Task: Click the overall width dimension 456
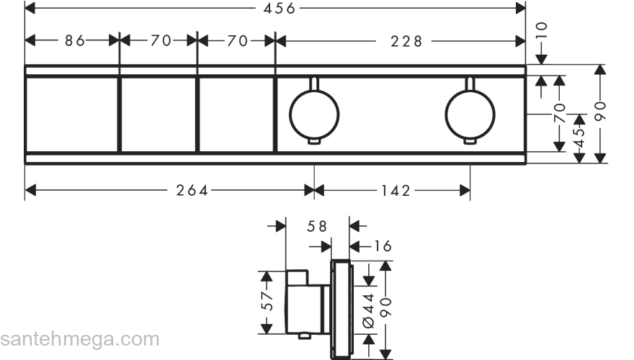coord(280,8)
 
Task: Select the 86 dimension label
coord(75,40)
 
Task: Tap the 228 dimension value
coord(406,41)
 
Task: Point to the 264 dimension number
coord(192,190)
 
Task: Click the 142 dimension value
coord(396,190)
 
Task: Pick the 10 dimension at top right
coord(541,30)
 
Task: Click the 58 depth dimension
coord(316,226)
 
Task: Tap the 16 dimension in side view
coord(382,246)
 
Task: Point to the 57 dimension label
coord(267,302)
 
